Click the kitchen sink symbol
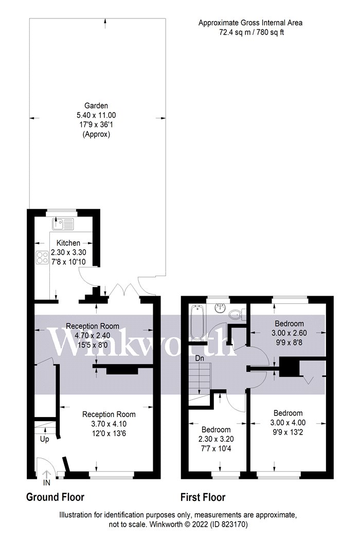63,224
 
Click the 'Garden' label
96,106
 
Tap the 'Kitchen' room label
68,243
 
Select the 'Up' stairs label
44,439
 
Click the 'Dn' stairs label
200,358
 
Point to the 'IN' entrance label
46,483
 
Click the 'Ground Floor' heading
55,497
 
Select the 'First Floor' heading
203,497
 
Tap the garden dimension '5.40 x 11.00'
96,115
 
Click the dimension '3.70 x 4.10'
109,424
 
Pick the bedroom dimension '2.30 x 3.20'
216,439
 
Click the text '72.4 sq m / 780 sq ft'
251,33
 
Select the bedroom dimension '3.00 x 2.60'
289,333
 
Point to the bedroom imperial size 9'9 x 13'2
288,432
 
